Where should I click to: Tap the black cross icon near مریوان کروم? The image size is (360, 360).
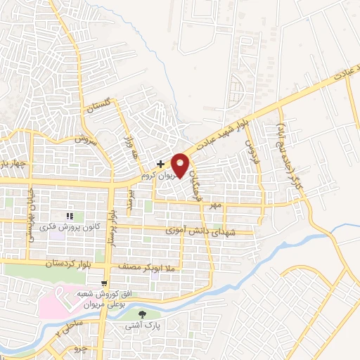pyautogui.click(x=160, y=163)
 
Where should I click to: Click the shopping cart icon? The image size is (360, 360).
pyautogui.click(x=104, y=282)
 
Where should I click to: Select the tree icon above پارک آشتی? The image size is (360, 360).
pyautogui.click(x=144, y=314)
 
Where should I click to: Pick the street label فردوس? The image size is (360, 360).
pyautogui.click(x=251, y=151)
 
